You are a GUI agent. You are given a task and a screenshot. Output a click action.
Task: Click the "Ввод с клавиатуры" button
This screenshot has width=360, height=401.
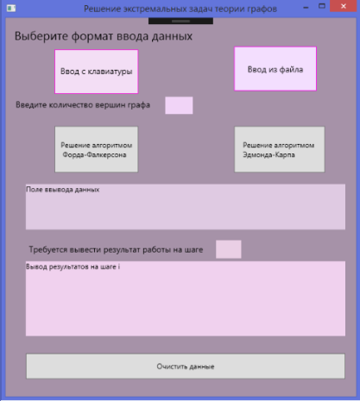click(x=97, y=72)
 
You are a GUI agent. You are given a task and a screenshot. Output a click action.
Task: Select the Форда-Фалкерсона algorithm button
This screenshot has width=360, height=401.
click(x=97, y=149)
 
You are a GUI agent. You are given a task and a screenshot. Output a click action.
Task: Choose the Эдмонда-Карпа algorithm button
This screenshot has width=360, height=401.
click(x=280, y=149)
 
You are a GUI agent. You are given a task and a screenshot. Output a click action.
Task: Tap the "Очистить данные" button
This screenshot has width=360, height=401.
click(x=186, y=367)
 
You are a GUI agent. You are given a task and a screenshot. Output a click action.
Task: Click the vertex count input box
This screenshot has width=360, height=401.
click(x=179, y=105)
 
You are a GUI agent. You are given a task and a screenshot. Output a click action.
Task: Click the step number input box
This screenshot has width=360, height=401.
click(x=229, y=249)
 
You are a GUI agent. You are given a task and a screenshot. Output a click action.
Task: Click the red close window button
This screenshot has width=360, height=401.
click(x=344, y=6)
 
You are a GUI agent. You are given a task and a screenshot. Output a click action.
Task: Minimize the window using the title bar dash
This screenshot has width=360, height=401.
click(x=306, y=8)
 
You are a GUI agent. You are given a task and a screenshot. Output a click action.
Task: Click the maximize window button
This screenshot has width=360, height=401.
click(x=322, y=6)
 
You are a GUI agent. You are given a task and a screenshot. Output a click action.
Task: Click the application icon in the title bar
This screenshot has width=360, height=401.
click(x=11, y=8)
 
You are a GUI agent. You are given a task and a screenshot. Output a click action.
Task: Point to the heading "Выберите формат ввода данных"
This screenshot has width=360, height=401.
click(x=104, y=36)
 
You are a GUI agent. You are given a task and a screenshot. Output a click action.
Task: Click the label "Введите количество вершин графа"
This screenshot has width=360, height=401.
click(x=83, y=105)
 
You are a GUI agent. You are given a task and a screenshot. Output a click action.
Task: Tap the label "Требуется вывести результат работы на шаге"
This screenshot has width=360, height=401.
click(x=116, y=249)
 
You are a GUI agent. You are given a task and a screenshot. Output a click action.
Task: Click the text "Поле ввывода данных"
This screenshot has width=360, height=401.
click(x=63, y=190)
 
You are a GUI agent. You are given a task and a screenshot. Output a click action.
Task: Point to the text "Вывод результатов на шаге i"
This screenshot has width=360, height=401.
click(x=73, y=266)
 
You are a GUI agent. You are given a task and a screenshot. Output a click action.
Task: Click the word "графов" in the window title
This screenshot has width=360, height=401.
click(x=262, y=9)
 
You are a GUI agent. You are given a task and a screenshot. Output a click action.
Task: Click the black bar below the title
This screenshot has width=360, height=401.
click(x=180, y=21)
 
